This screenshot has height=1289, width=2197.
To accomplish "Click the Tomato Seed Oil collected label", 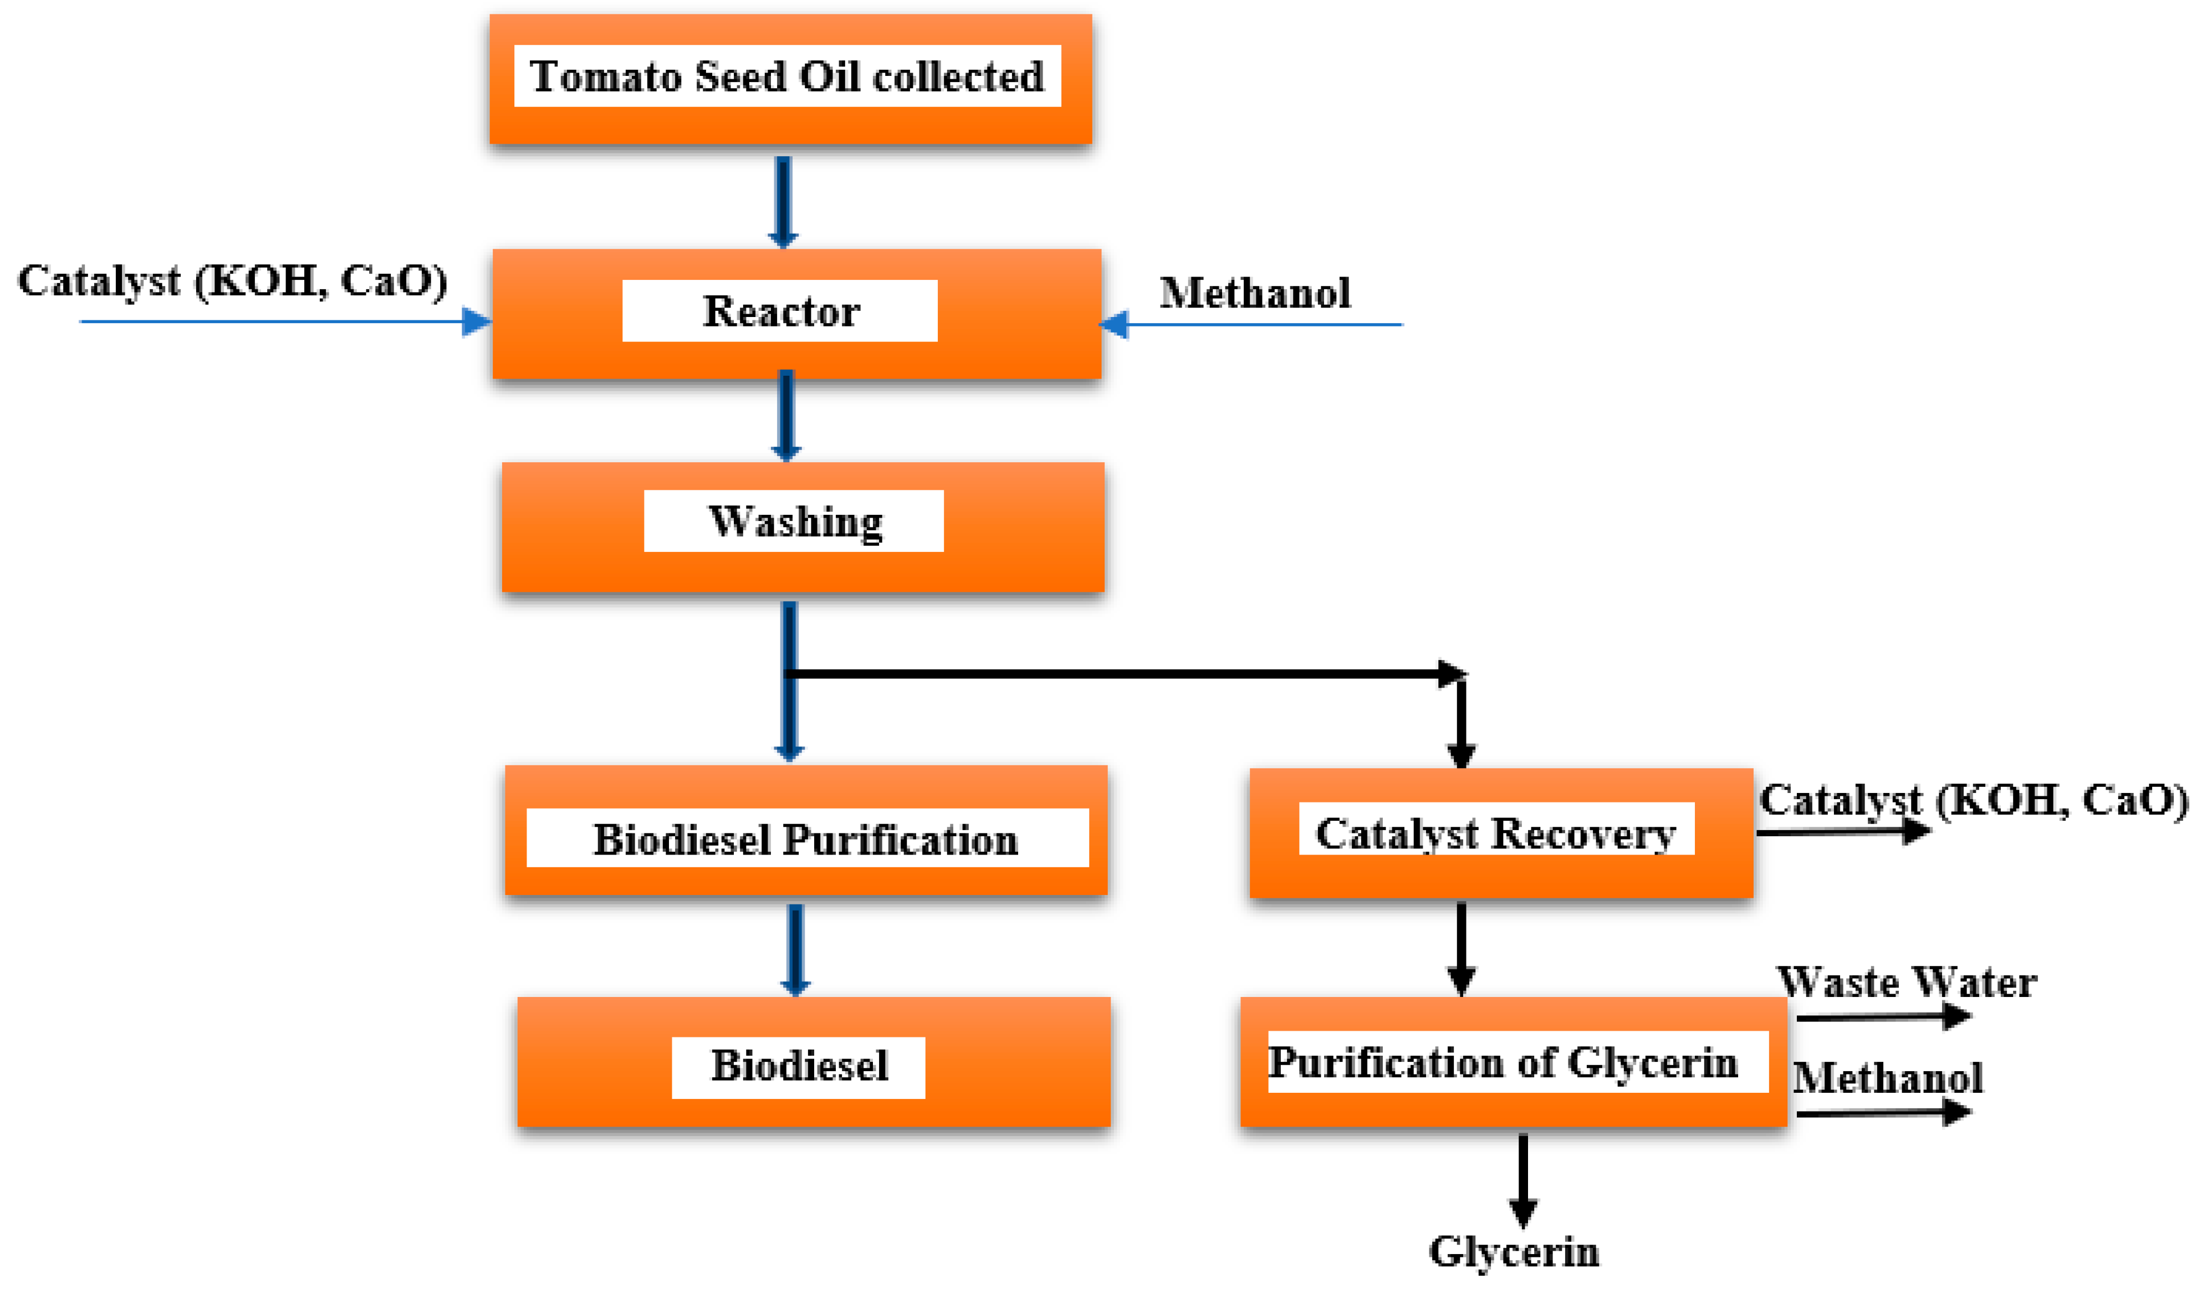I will pyautogui.click(x=786, y=76).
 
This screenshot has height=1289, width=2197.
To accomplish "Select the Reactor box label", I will pyautogui.click(x=780, y=311).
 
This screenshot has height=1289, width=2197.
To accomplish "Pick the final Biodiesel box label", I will pyautogui.click(x=799, y=1066).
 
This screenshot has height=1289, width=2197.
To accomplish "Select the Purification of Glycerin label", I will pyautogui.click(x=1503, y=1062).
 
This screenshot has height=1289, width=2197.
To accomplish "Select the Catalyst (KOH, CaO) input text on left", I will pyautogui.click(x=232, y=280).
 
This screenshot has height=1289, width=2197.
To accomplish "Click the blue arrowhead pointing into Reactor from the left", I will pyautogui.click(x=476, y=321).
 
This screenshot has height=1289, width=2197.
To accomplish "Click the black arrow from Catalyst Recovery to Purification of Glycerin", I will pyautogui.click(x=1461, y=948).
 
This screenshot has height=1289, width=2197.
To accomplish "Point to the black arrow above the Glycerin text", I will pyautogui.click(x=1523, y=1179).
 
